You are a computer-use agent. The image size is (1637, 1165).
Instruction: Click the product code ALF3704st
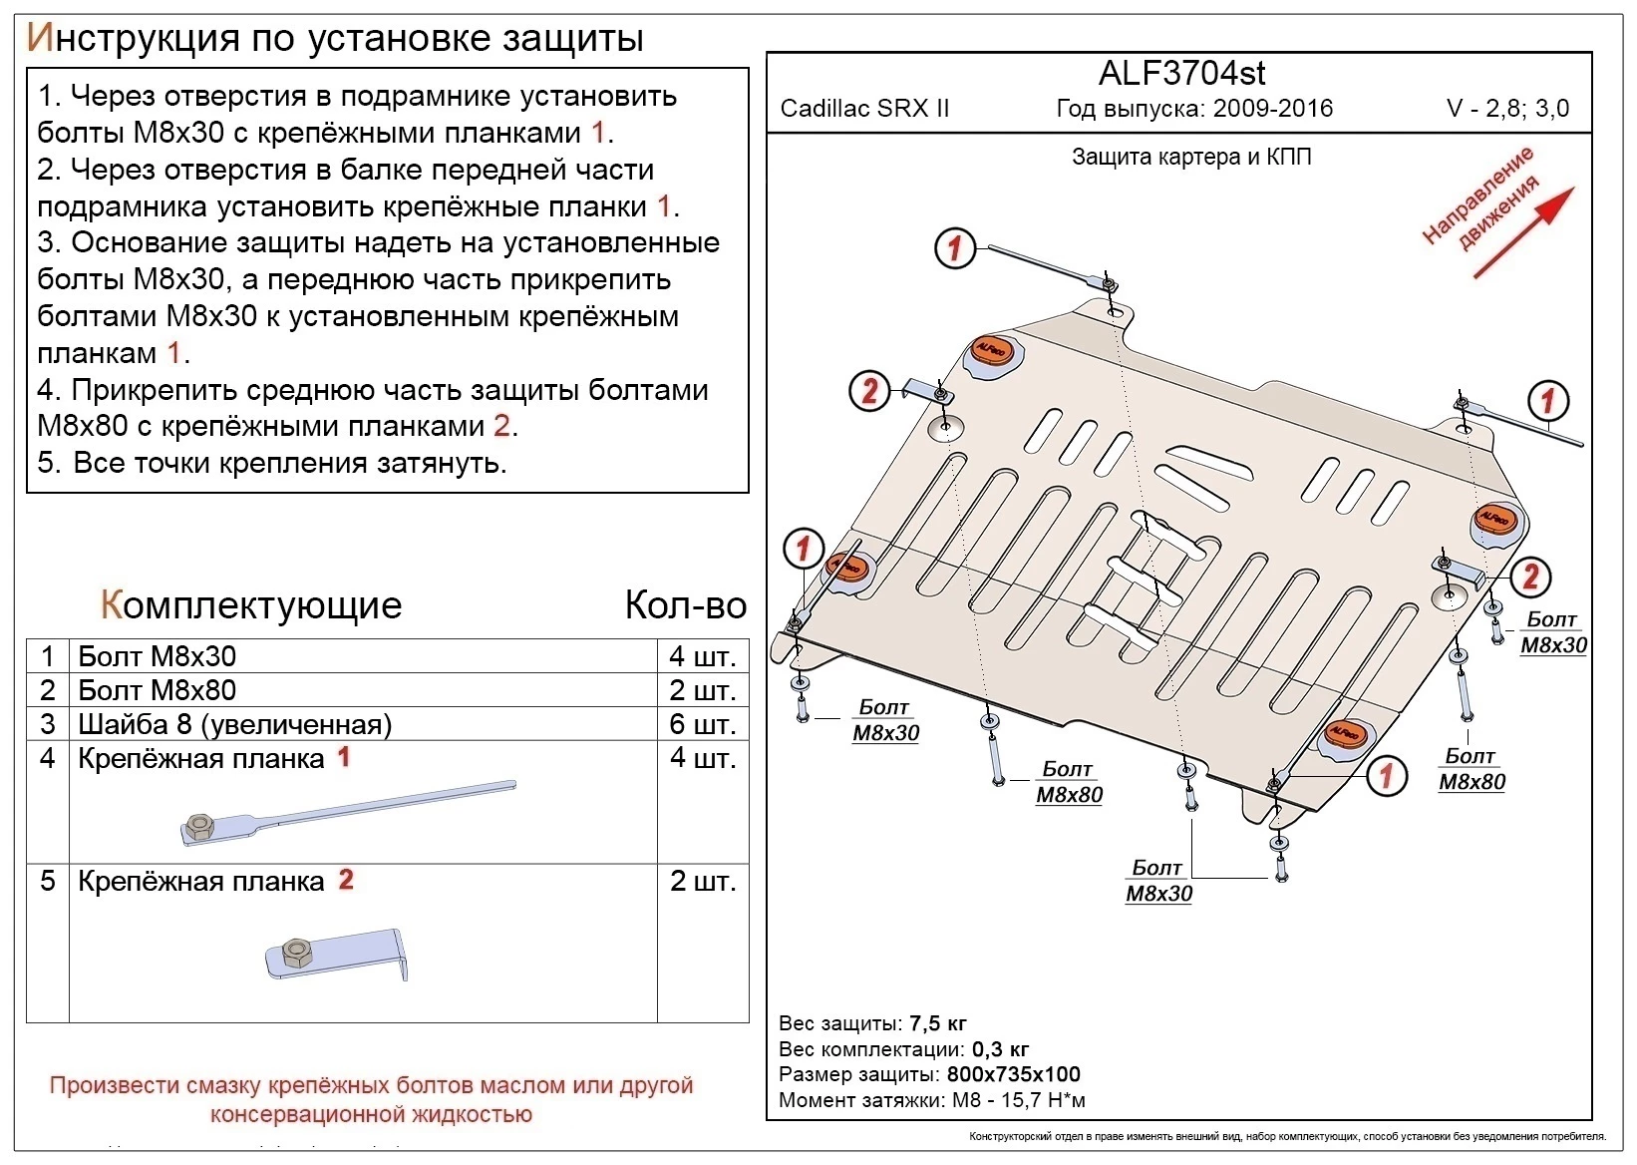point(1181,73)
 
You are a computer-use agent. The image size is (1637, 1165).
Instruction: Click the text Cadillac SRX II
point(864,109)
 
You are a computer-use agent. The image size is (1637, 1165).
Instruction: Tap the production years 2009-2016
point(1273,109)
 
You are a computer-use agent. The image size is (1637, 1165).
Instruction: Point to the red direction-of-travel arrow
point(1521,232)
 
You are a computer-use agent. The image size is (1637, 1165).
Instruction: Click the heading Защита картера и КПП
point(1190,157)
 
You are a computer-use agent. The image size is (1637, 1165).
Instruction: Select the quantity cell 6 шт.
point(702,724)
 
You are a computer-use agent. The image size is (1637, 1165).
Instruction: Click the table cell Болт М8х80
point(157,690)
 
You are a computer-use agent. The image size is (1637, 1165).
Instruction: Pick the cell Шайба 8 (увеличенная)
point(234,724)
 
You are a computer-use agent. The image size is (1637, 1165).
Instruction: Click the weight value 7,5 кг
point(937,1023)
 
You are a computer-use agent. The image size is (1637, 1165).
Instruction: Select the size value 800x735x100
point(1013,1074)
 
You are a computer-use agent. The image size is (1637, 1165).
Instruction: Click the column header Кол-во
point(685,605)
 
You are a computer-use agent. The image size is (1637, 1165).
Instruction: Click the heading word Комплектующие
point(251,605)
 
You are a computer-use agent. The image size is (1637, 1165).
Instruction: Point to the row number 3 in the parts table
point(47,724)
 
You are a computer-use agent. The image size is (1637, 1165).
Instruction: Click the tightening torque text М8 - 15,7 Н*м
point(1019,1100)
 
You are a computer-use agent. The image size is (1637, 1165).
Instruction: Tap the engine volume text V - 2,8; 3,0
point(1507,109)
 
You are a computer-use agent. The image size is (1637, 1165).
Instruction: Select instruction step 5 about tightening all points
point(272,463)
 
